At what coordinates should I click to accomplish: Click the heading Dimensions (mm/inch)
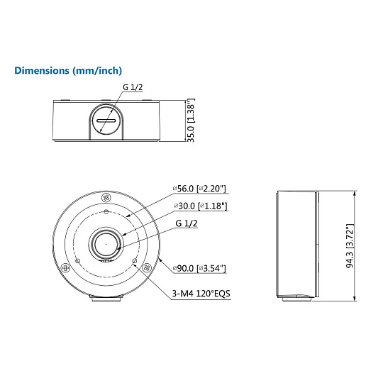tap(68, 71)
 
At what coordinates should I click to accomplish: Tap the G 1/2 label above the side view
tap(133, 87)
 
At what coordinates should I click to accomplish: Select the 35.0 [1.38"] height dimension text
tap(191, 120)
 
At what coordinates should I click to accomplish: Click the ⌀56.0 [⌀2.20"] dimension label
tap(199, 189)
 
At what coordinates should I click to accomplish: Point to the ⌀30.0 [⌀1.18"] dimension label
tap(201, 206)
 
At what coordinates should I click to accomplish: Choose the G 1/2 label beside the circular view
tap(187, 223)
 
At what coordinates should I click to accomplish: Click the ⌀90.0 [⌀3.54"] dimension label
tap(199, 268)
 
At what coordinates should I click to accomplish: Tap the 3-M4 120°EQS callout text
tap(201, 294)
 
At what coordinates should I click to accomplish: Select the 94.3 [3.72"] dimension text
tap(350, 246)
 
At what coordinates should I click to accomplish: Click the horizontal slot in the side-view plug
tap(106, 121)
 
